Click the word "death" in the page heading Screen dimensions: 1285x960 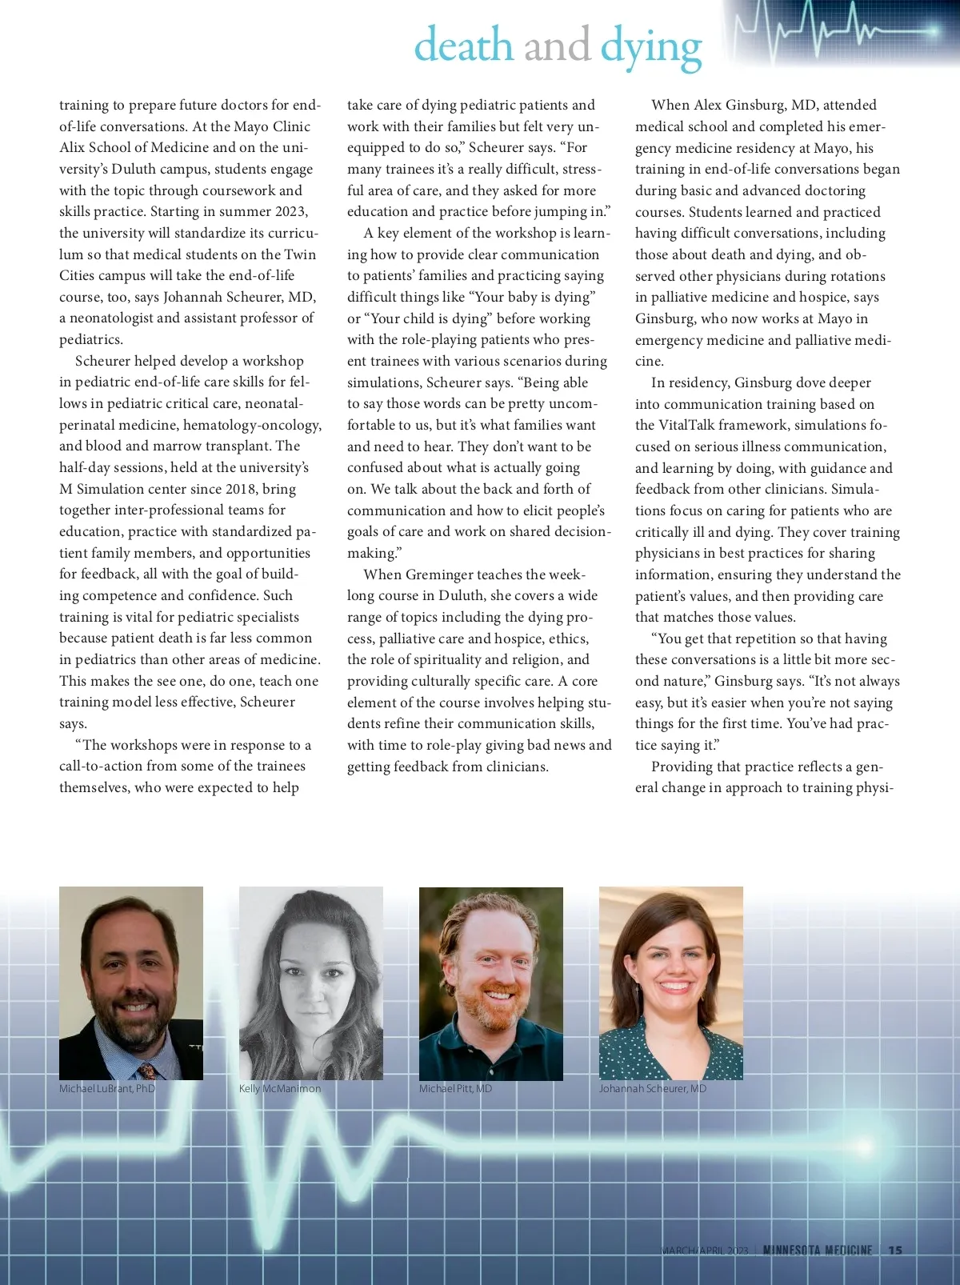click(x=463, y=45)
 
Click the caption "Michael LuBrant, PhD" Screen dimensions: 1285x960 click(x=107, y=1088)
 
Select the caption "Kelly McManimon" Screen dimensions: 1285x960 click(x=280, y=1088)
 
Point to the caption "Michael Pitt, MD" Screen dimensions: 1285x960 click(x=456, y=1088)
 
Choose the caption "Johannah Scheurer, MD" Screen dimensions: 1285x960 click(x=653, y=1088)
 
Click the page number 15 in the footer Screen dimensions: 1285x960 click(x=895, y=1250)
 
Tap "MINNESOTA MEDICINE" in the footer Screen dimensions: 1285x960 click(x=817, y=1250)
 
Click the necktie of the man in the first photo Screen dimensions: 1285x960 click(x=147, y=1071)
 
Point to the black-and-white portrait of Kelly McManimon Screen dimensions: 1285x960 click(x=310, y=983)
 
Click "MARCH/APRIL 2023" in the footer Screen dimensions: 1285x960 click(x=705, y=1251)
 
